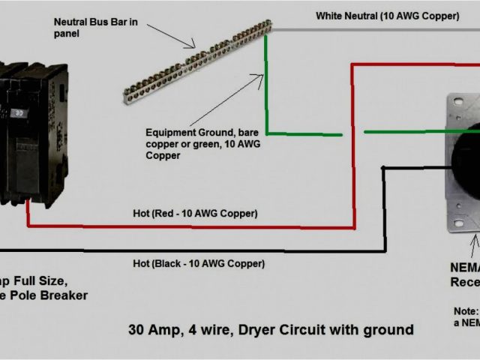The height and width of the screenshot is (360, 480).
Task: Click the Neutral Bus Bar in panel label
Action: [x=95, y=27]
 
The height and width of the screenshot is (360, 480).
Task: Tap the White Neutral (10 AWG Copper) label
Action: [x=387, y=15]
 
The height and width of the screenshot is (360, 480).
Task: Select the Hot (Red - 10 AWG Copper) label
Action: [x=195, y=214]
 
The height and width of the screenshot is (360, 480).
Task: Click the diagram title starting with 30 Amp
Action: [x=270, y=329]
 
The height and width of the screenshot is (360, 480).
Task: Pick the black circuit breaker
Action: [x=32, y=135]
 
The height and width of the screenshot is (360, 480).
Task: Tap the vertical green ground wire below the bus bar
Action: [x=265, y=90]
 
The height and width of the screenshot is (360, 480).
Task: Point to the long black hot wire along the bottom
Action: [x=187, y=250]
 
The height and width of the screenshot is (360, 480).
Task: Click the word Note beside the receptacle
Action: [x=465, y=310]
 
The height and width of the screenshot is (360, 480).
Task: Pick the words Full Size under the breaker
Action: [x=37, y=281]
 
